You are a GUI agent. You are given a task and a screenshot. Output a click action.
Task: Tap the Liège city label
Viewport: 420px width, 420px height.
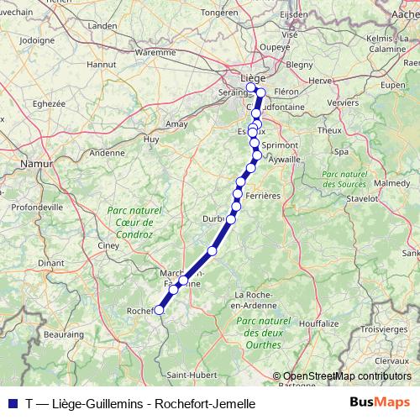(x=253, y=78)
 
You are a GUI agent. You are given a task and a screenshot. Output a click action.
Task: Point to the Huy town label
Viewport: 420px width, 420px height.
(x=151, y=139)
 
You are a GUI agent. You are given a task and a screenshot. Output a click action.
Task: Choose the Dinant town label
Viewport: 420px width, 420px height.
(x=50, y=263)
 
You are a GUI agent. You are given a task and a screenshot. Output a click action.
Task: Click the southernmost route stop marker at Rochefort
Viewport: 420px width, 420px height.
(x=159, y=310)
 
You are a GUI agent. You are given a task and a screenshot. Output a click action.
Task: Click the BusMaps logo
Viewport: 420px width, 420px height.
(x=380, y=402)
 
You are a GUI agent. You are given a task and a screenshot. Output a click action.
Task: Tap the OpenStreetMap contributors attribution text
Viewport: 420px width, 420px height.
(x=347, y=376)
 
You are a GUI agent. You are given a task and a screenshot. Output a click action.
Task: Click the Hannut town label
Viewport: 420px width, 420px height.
(x=102, y=63)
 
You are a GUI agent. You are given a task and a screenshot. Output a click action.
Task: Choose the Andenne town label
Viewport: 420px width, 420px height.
(x=106, y=153)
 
